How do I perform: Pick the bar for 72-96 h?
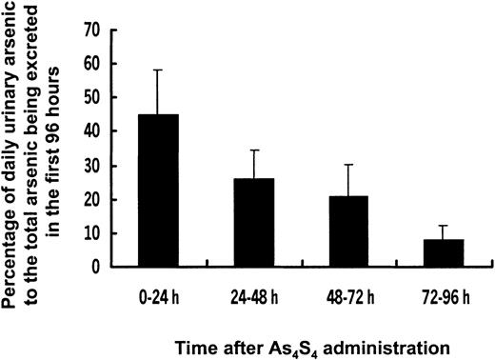point(445,253)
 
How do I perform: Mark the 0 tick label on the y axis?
point(94,267)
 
